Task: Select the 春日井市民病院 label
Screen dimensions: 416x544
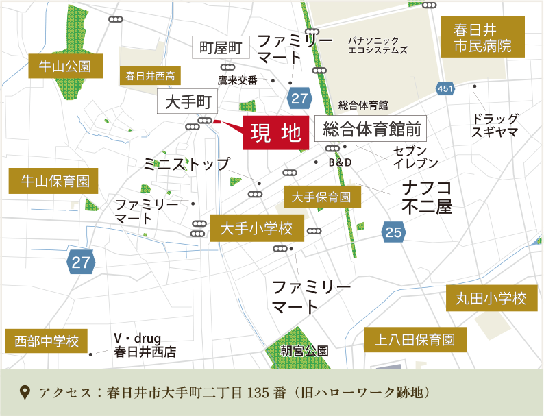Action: click(x=482, y=38)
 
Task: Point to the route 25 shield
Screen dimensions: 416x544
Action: click(x=393, y=232)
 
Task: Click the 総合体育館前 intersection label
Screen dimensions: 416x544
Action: click(x=371, y=128)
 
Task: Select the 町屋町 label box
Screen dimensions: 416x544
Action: click(x=221, y=47)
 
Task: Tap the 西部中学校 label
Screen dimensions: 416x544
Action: click(x=47, y=341)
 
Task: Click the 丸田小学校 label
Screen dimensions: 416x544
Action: click(x=491, y=298)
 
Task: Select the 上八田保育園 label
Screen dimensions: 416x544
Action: click(x=415, y=339)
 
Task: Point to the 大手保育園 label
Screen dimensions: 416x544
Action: click(x=321, y=197)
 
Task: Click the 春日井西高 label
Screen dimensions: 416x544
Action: click(x=151, y=75)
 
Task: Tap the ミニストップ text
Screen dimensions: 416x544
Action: click(x=187, y=164)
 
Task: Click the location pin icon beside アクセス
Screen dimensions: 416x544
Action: click(x=25, y=393)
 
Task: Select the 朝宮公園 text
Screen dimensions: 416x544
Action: click(x=304, y=350)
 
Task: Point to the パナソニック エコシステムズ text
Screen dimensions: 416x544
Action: click(x=378, y=45)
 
